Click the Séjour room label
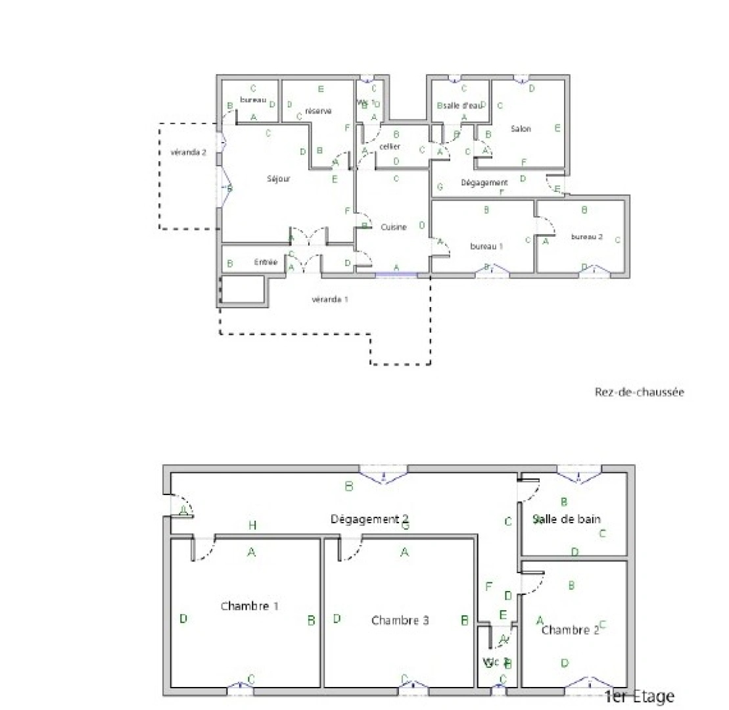pyautogui.click(x=278, y=178)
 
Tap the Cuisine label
pyautogui.click(x=394, y=227)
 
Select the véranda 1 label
pyautogui.click(x=329, y=299)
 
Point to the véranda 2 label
pyautogui.click(x=189, y=152)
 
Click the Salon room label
pyautogui.click(x=521, y=129)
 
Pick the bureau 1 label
pyautogui.click(x=486, y=246)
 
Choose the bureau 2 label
pyautogui.click(x=586, y=237)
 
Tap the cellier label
pyautogui.click(x=390, y=147)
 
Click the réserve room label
pyautogui.click(x=318, y=110)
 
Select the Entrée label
pyautogui.click(x=266, y=262)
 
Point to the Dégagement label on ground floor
pyautogui.click(x=484, y=182)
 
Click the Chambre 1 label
pyautogui.click(x=249, y=605)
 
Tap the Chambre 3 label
pyautogui.click(x=400, y=620)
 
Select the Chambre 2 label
pyautogui.click(x=570, y=630)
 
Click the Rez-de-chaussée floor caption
pyautogui.click(x=639, y=392)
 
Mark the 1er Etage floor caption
pyautogui.click(x=639, y=696)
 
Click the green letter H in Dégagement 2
pyautogui.click(x=252, y=525)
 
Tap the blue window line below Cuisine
pyautogui.click(x=396, y=273)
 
